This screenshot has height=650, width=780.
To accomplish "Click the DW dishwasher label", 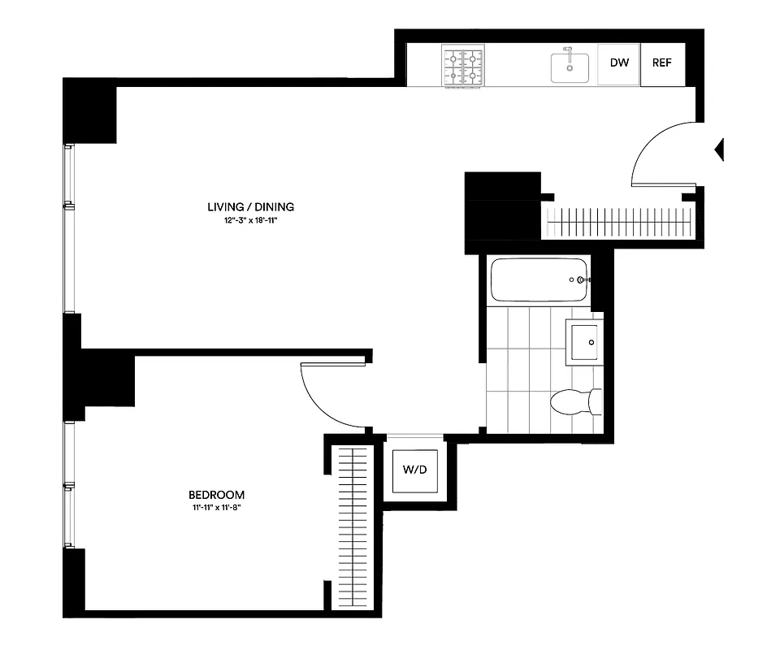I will pos(618,64).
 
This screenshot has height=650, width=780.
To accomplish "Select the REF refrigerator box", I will pos(661,64).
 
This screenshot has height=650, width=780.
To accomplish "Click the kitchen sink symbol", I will pos(570,67).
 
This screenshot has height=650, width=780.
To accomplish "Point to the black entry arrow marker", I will pos(718,149).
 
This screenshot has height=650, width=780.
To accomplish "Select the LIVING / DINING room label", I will pos(250,207).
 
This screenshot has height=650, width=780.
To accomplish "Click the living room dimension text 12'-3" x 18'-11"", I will pos(250,220).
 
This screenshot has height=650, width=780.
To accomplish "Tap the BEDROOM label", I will pos(216,495).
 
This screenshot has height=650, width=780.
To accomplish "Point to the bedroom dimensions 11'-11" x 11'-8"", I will pos(215,508).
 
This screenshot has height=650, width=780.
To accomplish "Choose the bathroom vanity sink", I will pos(584,341).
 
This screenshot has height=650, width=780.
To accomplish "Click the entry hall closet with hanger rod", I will pos(619,222).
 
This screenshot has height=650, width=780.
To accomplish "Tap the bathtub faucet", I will pos(580,280).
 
